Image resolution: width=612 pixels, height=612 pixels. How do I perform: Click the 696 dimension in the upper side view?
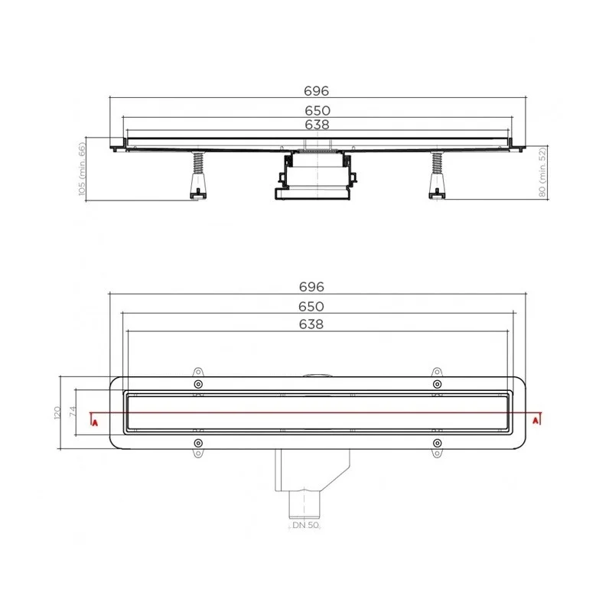pos(317,91)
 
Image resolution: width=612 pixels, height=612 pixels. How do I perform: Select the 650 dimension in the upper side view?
pos(317,110)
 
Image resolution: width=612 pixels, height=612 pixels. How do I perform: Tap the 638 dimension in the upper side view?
pos(317,125)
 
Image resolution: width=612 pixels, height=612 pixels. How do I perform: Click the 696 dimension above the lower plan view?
pos(311,287)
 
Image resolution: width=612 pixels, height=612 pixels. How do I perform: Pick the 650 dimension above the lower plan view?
pos(311,307)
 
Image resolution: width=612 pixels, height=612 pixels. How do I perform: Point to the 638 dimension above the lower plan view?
pos(311,324)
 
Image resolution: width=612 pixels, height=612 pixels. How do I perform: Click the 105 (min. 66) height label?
pos(82,169)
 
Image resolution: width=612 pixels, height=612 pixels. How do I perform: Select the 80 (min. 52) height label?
pos(542,171)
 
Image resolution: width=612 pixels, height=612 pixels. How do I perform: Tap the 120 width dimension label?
pos(57,412)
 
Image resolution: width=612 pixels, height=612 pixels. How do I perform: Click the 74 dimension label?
pos(73,412)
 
